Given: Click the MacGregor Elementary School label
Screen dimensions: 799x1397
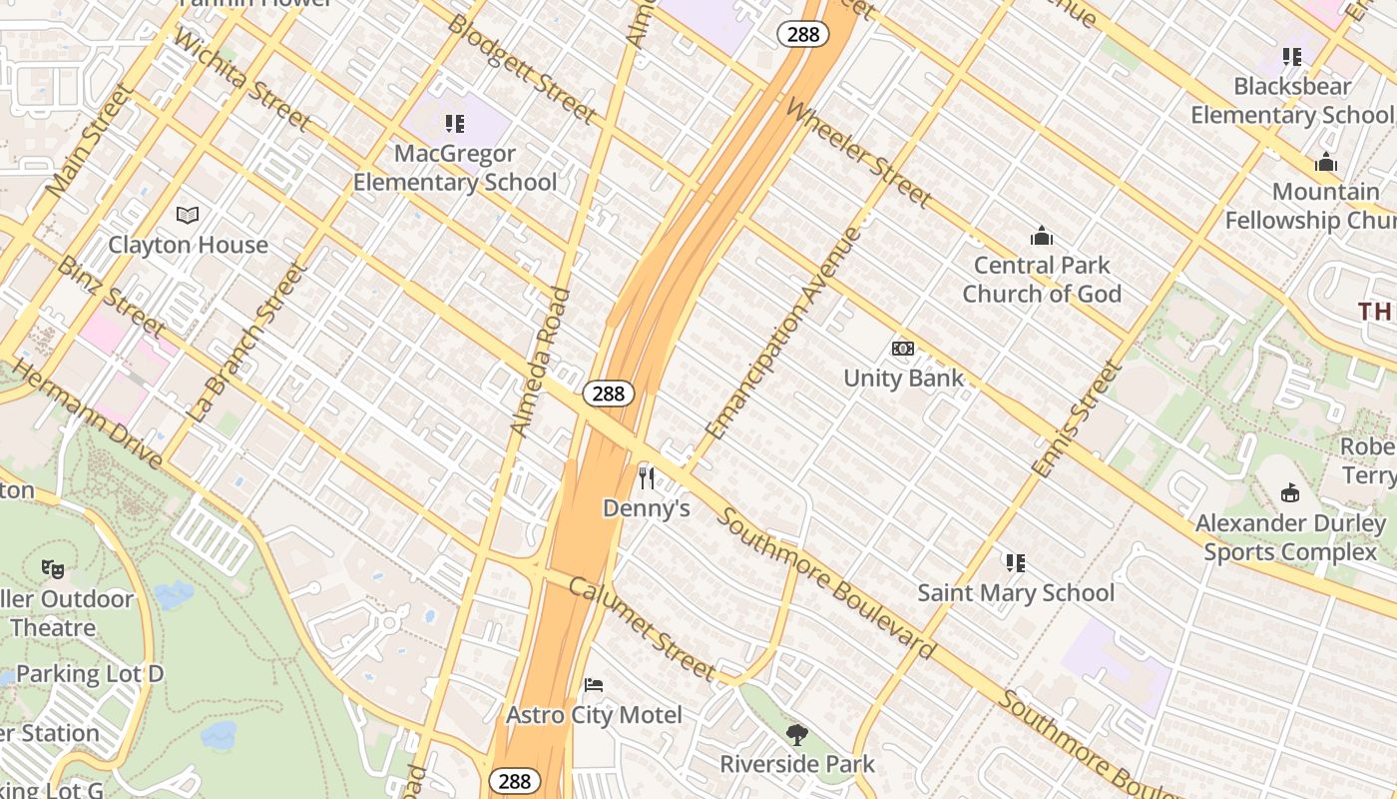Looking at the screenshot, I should [x=455, y=168].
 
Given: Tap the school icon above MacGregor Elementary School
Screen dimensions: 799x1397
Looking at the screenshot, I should [x=455, y=124].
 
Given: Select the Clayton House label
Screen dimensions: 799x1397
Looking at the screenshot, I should [x=188, y=245].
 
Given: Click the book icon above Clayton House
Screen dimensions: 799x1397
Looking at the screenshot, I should [x=188, y=215].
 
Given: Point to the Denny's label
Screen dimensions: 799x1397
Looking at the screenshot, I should [x=647, y=508].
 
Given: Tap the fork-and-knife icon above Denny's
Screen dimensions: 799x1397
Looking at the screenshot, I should [x=647, y=478].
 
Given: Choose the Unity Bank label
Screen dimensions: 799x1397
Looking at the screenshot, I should [x=904, y=378].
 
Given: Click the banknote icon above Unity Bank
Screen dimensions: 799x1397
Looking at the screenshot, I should [x=903, y=348].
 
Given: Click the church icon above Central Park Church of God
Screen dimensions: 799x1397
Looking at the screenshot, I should [x=1042, y=236].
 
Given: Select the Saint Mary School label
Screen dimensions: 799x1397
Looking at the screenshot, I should [x=1016, y=592].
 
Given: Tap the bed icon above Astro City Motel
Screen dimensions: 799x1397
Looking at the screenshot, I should [x=594, y=685].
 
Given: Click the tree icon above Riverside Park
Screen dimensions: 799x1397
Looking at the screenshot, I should [x=797, y=735].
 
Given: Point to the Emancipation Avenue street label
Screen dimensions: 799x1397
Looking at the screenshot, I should [x=783, y=334].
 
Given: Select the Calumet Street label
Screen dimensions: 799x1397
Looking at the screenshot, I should [x=641, y=627].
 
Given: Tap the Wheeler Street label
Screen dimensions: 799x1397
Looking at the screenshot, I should [x=858, y=152].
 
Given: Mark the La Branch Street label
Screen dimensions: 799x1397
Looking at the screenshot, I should [x=244, y=342].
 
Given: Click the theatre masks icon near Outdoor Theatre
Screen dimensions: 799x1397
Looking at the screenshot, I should [x=53, y=569].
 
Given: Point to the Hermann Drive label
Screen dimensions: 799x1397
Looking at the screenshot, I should [x=88, y=413].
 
